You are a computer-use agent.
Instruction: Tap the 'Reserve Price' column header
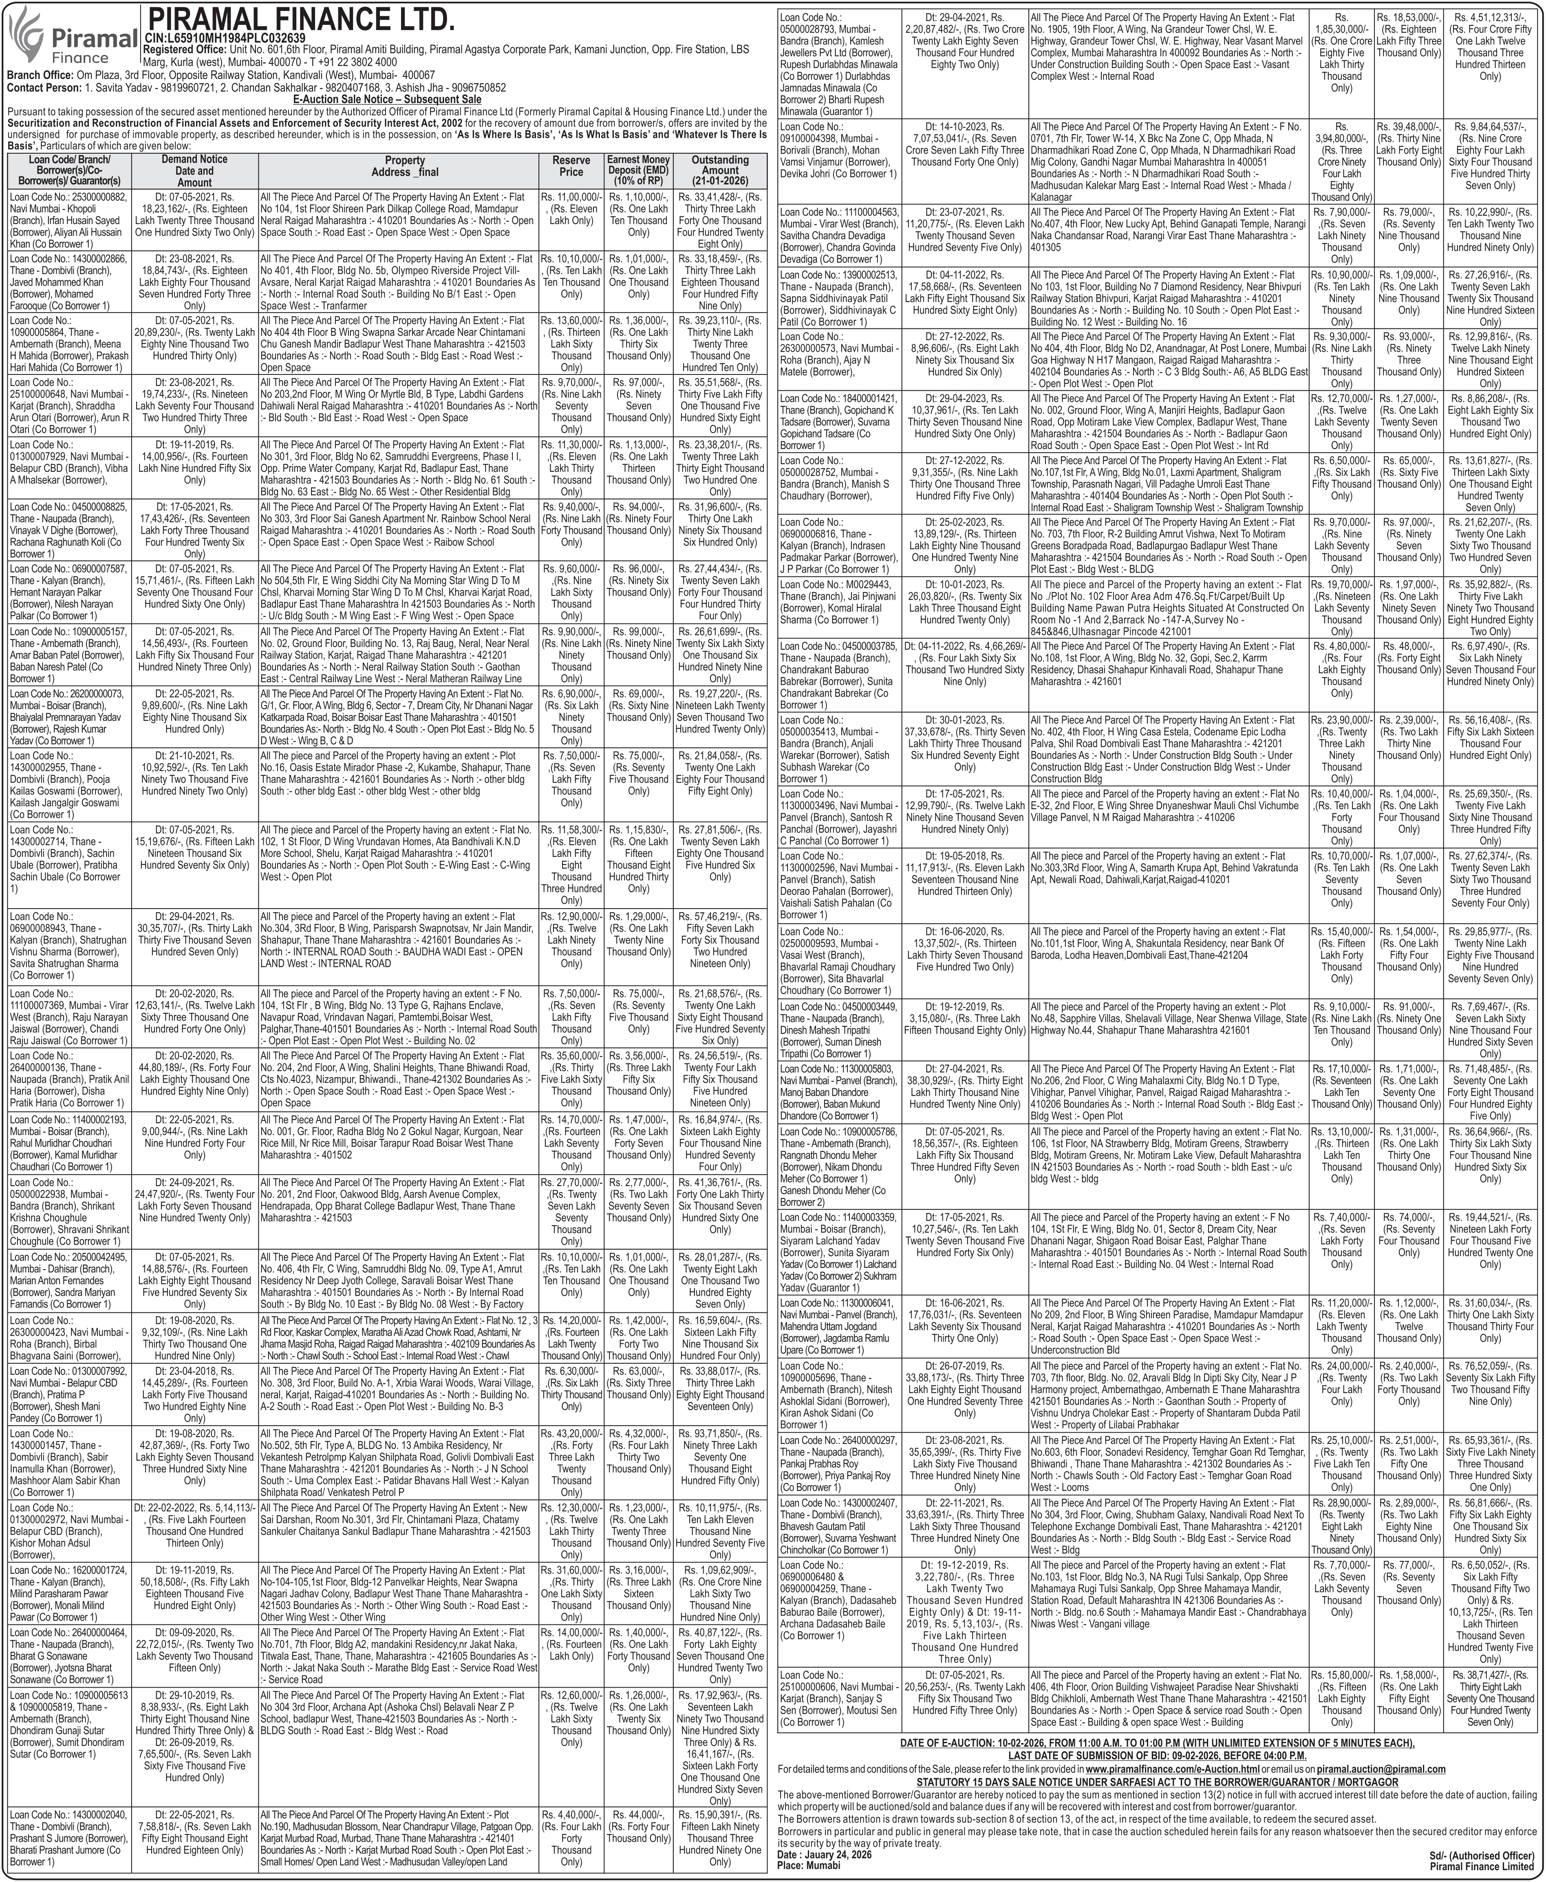point(571,165)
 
